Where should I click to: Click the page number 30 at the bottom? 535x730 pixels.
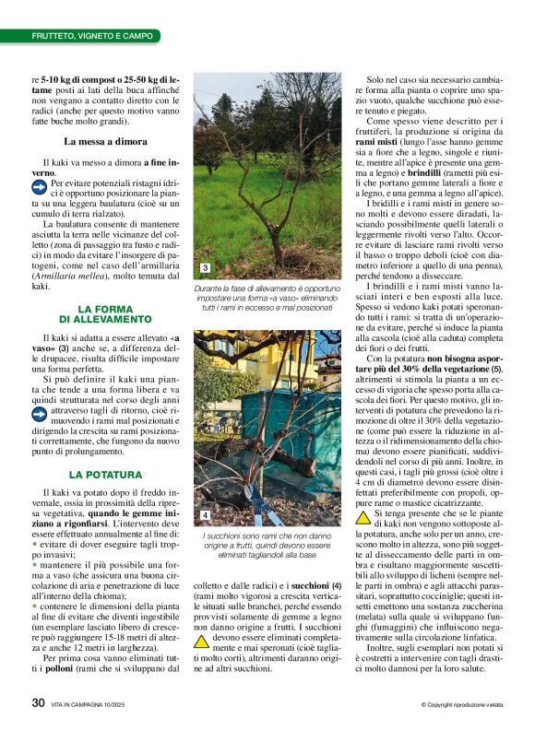click(x=39, y=702)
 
